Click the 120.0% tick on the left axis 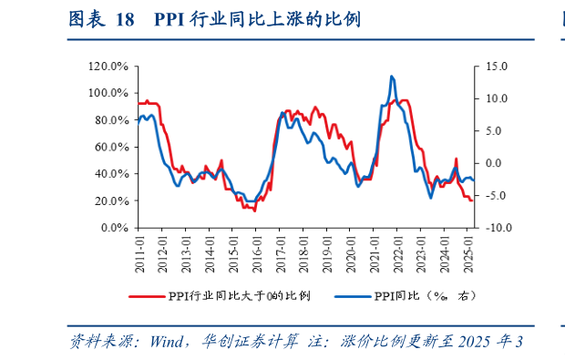[x=108, y=67]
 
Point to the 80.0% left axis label [x=111, y=120]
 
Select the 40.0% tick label [x=111, y=174]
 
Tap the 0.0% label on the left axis [x=114, y=228]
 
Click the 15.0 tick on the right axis [x=497, y=67]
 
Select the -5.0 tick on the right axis [x=495, y=196]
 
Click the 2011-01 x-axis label [x=139, y=248]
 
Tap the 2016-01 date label [x=257, y=248]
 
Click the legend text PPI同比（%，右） [x=425, y=295]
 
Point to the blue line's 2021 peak [x=392, y=77]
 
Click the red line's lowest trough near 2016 [x=254, y=211]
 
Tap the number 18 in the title [x=127, y=19]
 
